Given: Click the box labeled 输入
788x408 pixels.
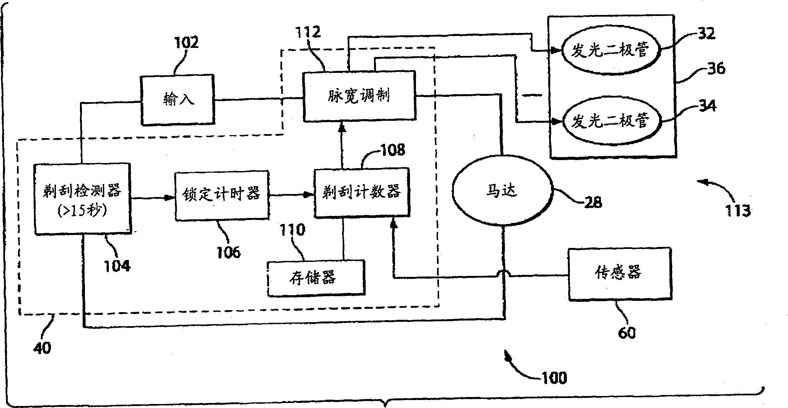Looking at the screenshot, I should [x=177, y=100].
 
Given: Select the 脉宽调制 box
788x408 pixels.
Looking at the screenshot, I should [x=359, y=96].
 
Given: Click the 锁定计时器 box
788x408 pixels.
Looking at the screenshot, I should [x=222, y=195].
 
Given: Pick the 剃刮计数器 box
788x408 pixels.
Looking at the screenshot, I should [x=362, y=192].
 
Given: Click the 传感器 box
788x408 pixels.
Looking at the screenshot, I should [x=619, y=274].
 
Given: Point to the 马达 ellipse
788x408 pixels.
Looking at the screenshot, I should [x=502, y=191].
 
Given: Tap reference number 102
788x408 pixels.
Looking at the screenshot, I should [x=186, y=43].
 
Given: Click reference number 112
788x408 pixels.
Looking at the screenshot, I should [x=308, y=32].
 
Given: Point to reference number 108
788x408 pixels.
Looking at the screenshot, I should [x=392, y=150].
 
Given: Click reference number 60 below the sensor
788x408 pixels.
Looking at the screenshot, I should [x=626, y=332].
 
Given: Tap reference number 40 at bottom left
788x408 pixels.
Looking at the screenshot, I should [x=42, y=348].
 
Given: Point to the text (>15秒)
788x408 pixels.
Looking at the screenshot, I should [x=82, y=211].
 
